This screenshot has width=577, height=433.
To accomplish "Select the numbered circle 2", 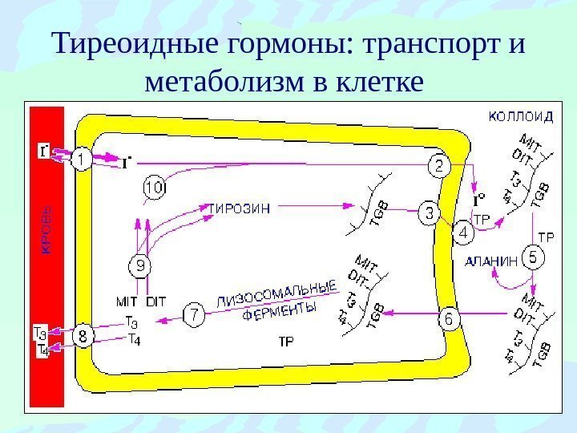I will [x=440, y=166].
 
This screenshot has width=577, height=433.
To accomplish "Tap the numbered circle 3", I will [x=430, y=213].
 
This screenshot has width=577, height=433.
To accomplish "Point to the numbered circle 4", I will [x=464, y=233].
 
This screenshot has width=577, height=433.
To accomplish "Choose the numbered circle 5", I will [x=534, y=257].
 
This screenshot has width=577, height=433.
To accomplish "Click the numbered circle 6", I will [x=449, y=318].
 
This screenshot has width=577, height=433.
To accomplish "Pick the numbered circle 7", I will [x=193, y=314].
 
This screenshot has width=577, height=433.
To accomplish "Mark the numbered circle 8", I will [x=83, y=336].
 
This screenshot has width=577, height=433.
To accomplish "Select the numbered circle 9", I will [x=140, y=265].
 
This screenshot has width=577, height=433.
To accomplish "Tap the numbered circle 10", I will [x=155, y=188].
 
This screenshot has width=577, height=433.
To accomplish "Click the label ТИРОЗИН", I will [x=240, y=208].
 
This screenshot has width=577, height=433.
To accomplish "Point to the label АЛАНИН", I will [x=490, y=259].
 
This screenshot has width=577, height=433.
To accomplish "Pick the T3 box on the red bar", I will [x=38, y=329].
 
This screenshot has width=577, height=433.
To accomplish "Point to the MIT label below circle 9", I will [x=127, y=301].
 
